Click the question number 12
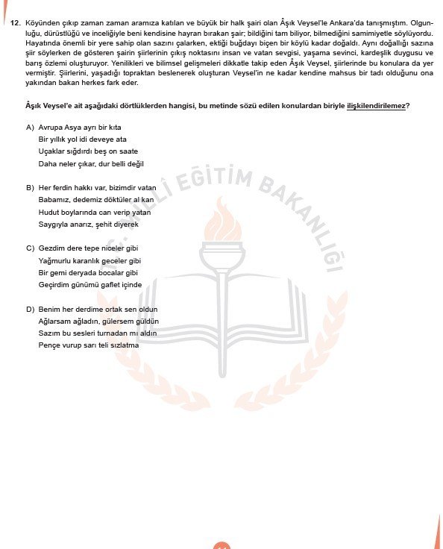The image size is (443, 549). click(14, 24)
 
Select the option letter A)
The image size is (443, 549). click(30, 128)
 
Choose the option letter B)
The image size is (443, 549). click(30, 187)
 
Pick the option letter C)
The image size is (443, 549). click(30, 248)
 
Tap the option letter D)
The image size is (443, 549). click(30, 309)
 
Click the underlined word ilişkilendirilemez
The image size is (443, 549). click(376, 106)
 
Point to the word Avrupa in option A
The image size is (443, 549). click(49, 128)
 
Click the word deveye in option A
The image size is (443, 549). click(104, 139)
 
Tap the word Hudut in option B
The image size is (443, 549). click(48, 212)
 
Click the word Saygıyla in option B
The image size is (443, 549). click(53, 224)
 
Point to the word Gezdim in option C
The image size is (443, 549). click(50, 248)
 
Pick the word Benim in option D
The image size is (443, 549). click(48, 309)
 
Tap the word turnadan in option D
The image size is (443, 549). click(113, 333)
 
